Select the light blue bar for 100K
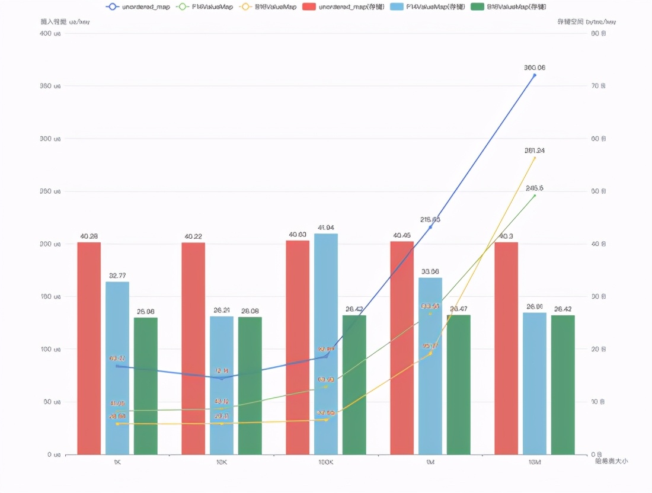(x=326, y=344)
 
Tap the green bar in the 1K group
(x=146, y=386)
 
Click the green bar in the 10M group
(x=563, y=385)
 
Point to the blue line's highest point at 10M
(x=535, y=75)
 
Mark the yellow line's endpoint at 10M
(x=535, y=158)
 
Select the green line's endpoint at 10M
(x=535, y=195)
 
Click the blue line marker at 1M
(x=430, y=227)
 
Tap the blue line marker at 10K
(x=222, y=378)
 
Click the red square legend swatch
(x=309, y=7)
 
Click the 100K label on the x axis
(x=326, y=462)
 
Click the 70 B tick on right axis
(x=598, y=86)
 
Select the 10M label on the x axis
(x=535, y=462)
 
